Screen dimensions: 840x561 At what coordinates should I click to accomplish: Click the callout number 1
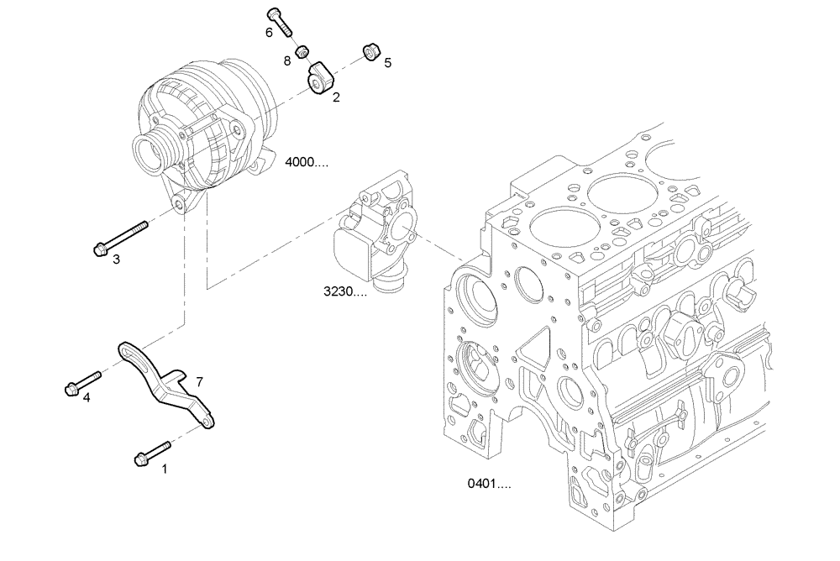pyautogui.click(x=165, y=469)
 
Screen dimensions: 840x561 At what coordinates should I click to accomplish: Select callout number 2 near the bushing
pyautogui.click(x=336, y=97)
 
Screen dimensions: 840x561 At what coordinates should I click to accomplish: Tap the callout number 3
pyautogui.click(x=117, y=260)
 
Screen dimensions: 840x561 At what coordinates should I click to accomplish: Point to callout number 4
pyautogui.click(x=87, y=397)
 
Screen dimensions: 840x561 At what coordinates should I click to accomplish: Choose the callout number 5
pyautogui.click(x=387, y=61)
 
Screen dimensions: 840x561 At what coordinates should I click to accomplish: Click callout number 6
pyautogui.click(x=270, y=32)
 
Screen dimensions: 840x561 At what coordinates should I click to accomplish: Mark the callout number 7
pyautogui.click(x=199, y=381)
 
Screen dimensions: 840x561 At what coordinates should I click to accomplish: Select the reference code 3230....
pyautogui.click(x=345, y=292)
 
